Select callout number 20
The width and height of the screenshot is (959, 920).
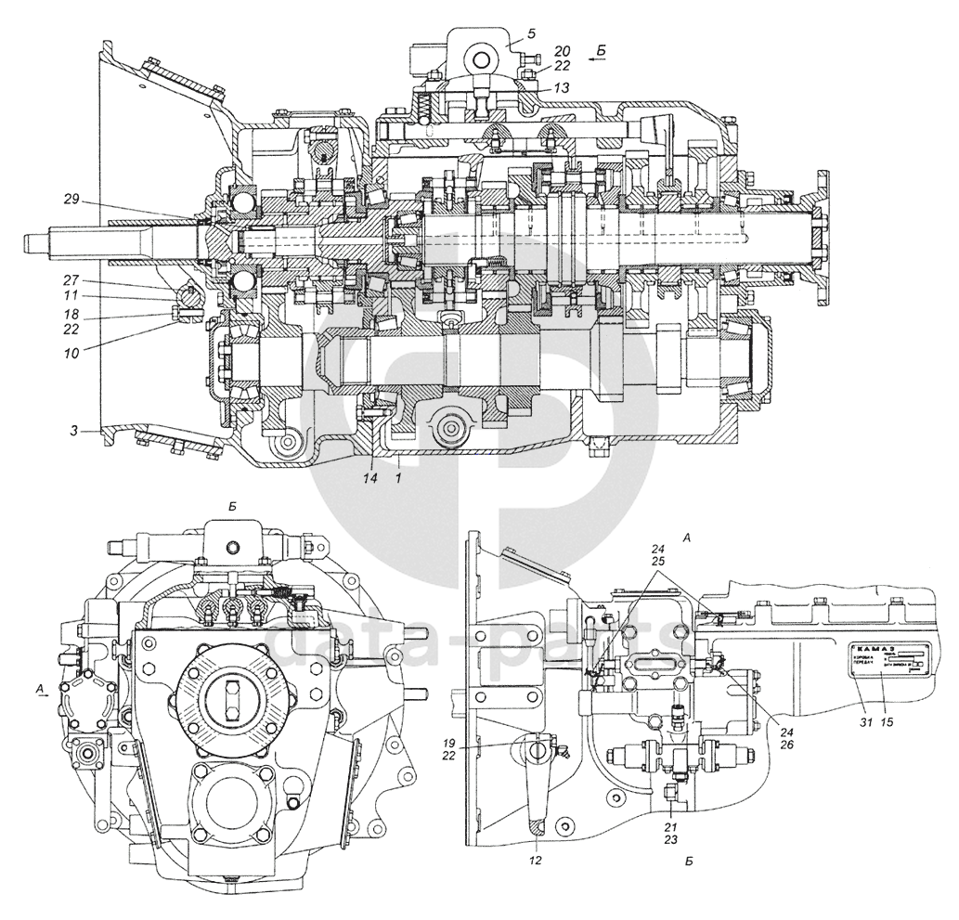pyautogui.click(x=537, y=51)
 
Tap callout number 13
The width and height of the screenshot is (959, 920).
pyautogui.click(x=537, y=85)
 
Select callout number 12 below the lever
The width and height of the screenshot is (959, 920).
pyautogui.click(x=536, y=860)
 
